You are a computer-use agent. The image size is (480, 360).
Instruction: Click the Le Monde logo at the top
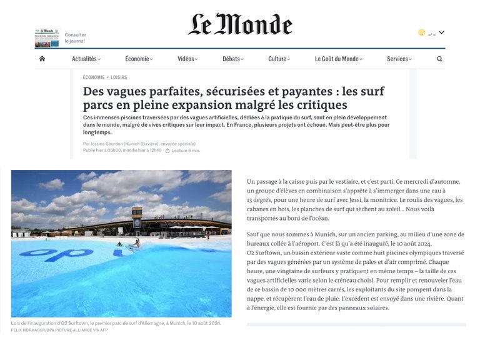240,24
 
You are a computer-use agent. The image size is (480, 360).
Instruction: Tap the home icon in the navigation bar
42,59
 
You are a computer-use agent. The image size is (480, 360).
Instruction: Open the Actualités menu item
86,59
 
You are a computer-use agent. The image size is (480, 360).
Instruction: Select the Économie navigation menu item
139,59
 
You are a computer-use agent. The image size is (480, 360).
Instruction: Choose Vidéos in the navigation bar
187,59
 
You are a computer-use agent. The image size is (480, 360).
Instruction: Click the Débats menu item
233,59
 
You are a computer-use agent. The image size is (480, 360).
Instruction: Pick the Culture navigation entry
279,59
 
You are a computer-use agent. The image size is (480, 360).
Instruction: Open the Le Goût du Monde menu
338,59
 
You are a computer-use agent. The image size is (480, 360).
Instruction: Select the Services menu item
399,59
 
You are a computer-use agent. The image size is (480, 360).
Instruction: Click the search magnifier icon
439,59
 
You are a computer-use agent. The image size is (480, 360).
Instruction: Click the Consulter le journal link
76,38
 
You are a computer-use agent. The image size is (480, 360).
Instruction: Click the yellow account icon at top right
422,32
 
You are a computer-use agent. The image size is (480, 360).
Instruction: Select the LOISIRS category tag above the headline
119,77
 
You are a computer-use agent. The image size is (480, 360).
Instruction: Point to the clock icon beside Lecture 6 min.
167,151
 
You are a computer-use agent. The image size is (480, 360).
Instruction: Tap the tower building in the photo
137,221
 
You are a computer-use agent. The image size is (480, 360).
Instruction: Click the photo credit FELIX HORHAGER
31,329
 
